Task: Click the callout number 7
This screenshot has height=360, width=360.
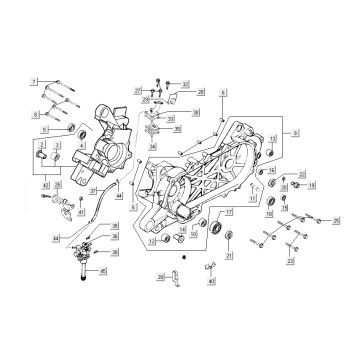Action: [x=33, y=78]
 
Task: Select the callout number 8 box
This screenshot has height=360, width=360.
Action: [x=33, y=113]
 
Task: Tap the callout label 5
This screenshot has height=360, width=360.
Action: [x=43, y=129]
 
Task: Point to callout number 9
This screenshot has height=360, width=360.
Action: [x=295, y=132]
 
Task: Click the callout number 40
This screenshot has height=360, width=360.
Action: [x=212, y=283]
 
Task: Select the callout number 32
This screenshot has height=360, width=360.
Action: [x=185, y=84]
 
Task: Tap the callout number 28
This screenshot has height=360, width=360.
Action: [x=201, y=91]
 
